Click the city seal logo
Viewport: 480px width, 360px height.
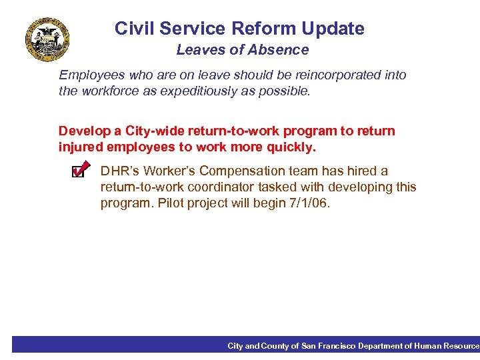coord(47,40)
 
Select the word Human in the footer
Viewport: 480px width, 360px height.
coord(427,346)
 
